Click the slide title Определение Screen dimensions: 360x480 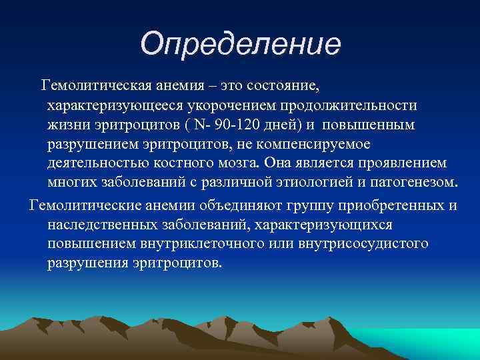(240, 44)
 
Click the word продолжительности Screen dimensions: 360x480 (357, 105)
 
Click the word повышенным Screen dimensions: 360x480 (377, 125)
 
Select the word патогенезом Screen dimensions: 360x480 (417, 183)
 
